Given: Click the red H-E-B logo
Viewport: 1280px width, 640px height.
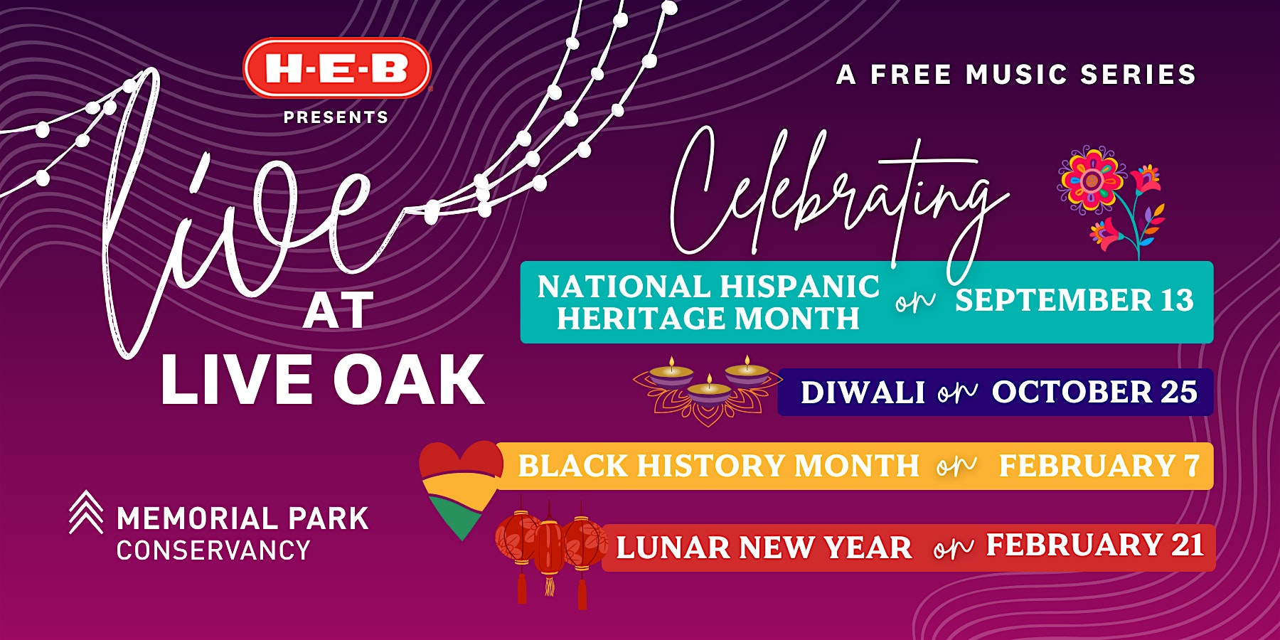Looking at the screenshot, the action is click(x=337, y=68).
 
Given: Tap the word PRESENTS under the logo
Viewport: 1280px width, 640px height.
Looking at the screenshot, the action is click(x=336, y=117).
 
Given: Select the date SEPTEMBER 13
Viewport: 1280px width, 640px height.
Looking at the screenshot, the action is click(x=1074, y=300).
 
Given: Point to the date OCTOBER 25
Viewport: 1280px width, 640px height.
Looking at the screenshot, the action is click(x=1094, y=392).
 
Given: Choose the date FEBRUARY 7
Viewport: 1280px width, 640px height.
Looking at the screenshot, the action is click(x=1099, y=466).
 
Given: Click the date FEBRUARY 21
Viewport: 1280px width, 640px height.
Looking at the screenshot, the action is click(x=1095, y=545).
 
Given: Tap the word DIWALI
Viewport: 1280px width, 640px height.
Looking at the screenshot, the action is click(x=863, y=393).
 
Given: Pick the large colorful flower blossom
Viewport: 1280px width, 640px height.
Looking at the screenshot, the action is click(x=1091, y=179).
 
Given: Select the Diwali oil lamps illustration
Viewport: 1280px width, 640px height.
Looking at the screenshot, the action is click(x=708, y=390).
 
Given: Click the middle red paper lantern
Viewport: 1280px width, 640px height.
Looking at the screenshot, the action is click(x=549, y=548).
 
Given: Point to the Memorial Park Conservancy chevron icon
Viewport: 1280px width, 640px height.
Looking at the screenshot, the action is click(x=86, y=512).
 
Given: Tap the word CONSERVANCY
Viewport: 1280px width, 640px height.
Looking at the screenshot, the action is click(x=213, y=550).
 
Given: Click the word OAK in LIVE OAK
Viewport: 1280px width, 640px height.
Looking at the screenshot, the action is click(x=409, y=380).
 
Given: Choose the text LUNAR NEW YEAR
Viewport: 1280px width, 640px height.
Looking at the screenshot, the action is click(x=764, y=548).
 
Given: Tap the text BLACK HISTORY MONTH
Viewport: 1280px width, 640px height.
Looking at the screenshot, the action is click(x=719, y=466).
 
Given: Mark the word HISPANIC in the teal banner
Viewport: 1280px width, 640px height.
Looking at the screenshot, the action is click(x=799, y=287).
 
